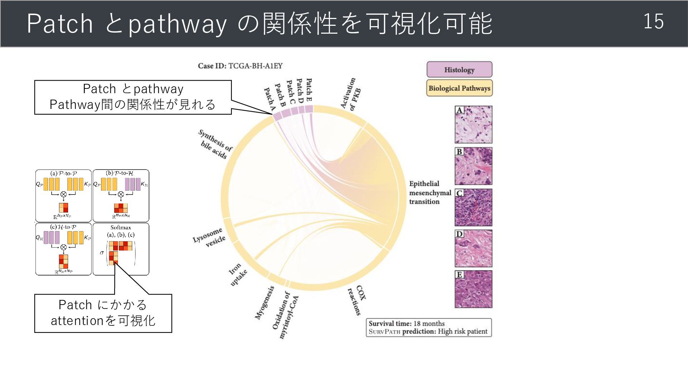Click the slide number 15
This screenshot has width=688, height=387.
[x=653, y=21]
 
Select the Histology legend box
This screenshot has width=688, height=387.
[x=459, y=70]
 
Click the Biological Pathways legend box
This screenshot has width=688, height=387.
[x=459, y=88]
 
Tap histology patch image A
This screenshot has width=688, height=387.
[x=473, y=124]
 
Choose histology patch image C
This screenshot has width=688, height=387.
[x=473, y=207]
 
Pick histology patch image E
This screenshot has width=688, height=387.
[x=473, y=289]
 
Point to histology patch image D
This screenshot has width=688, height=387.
[x=473, y=248]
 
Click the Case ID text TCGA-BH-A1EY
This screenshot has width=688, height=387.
[x=240, y=66]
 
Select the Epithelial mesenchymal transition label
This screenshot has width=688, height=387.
[x=429, y=193]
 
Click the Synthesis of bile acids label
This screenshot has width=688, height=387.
[x=215, y=144]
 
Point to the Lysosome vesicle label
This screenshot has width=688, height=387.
[x=210, y=238]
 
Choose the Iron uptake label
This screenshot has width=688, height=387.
[x=238, y=274]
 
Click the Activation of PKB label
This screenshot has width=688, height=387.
[x=350, y=94]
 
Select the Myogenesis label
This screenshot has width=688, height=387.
[x=265, y=302]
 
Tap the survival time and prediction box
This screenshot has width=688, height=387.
[x=429, y=328]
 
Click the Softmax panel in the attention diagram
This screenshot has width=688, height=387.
[x=121, y=249]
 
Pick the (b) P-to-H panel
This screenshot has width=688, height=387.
[x=121, y=196]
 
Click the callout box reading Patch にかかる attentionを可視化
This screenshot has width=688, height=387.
[x=103, y=313]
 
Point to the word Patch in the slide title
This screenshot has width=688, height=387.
[x=60, y=24]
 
